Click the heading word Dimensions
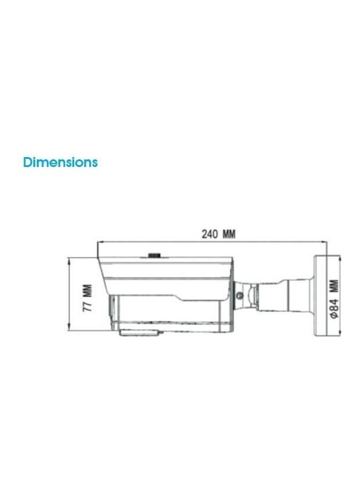[61, 162]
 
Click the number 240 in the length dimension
[209, 234]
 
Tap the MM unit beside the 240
[229, 234]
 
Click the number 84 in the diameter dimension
[334, 304]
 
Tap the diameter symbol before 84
[334, 314]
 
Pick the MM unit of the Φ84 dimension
[334, 286]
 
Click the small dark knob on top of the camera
[154, 255]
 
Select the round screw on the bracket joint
[239, 295]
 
